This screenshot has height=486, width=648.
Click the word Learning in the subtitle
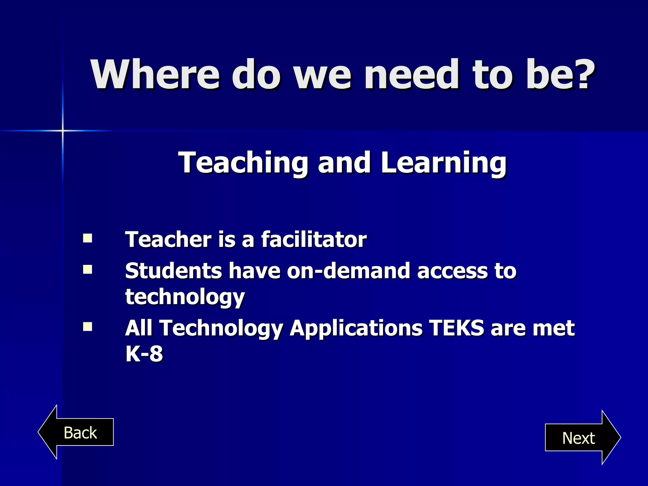[x=444, y=163]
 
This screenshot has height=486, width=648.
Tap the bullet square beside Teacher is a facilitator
[x=87, y=238]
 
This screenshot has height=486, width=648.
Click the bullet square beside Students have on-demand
[x=87, y=269]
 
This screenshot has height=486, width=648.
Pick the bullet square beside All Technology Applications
[x=87, y=326]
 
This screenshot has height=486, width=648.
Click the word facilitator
[x=314, y=239]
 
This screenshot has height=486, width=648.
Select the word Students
[x=173, y=271]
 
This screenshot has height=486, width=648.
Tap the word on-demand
[x=349, y=271]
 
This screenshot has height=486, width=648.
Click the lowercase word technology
[x=185, y=297]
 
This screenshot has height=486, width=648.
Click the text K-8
[x=144, y=353]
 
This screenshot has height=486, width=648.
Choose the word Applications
[x=356, y=328]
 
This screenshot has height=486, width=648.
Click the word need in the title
[x=411, y=74]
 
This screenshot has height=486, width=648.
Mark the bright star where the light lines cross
[x=63, y=130]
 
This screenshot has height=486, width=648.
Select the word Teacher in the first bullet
[x=168, y=239]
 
